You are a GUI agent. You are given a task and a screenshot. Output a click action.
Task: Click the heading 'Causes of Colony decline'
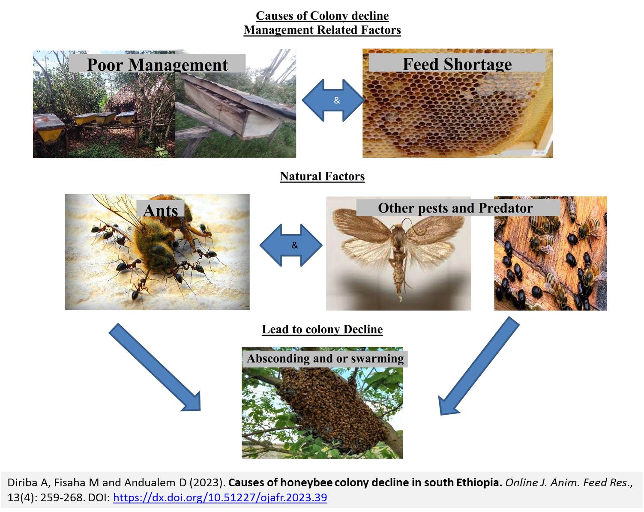click(x=322, y=15)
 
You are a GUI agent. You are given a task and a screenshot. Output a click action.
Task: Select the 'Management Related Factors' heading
click(x=322, y=30)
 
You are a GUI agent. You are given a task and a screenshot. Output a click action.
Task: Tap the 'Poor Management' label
click(x=157, y=65)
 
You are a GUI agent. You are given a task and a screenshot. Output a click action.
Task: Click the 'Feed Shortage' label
click(x=457, y=64)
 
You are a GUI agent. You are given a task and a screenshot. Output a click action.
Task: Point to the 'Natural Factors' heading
click(x=322, y=176)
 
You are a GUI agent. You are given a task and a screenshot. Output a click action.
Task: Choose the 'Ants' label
click(x=160, y=210)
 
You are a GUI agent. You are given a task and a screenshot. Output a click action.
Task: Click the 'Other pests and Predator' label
click(x=455, y=208)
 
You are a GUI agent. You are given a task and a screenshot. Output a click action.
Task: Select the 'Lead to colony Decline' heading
click(x=322, y=329)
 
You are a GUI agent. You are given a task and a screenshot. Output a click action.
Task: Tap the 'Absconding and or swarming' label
click(x=325, y=359)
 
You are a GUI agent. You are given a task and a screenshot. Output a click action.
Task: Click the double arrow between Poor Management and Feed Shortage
click(x=333, y=100)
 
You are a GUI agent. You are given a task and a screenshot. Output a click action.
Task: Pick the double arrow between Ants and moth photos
click(x=291, y=245)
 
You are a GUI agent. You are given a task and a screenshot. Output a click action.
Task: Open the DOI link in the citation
click(x=220, y=497)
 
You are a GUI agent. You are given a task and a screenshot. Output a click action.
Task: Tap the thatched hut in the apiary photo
click(x=123, y=97)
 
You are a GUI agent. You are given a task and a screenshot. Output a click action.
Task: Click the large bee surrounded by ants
click(x=156, y=243)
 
